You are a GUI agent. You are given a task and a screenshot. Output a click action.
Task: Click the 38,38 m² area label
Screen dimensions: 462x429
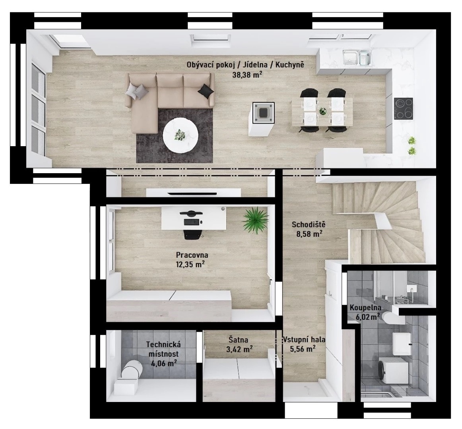click(x=247, y=75)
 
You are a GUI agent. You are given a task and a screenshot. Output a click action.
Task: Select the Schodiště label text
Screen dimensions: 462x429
click(x=309, y=224)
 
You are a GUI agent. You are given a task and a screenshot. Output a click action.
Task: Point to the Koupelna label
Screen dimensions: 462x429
click(x=365, y=308)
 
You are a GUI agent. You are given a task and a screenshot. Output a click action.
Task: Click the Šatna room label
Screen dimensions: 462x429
click(x=239, y=340)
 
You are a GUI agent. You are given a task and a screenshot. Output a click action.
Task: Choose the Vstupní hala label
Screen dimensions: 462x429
click(x=304, y=340)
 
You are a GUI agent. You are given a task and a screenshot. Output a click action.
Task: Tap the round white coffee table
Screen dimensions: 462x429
click(x=181, y=135)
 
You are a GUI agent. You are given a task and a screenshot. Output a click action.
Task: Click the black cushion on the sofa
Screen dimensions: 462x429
click(x=206, y=91)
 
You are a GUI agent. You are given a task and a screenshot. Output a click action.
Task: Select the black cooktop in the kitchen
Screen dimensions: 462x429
click(x=404, y=109)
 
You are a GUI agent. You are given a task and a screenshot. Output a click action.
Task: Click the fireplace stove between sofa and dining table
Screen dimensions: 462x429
click(x=261, y=112)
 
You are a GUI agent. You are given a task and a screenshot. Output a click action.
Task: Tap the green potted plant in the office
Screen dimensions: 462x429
click(x=255, y=220)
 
